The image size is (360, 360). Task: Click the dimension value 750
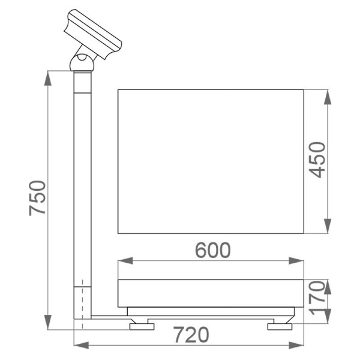click(37, 197)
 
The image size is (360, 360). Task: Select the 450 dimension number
click(317, 160)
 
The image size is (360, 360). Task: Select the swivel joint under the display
click(82, 61)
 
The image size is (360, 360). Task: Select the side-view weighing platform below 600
click(211, 292)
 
